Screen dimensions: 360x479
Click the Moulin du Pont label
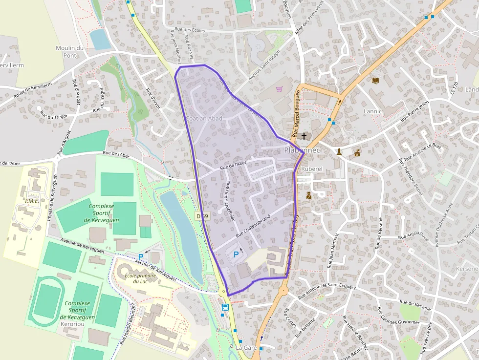70,51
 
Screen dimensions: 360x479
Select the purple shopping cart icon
279,89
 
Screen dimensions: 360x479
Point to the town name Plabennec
302,150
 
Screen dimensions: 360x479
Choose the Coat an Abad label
204,119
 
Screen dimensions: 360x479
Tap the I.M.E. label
32,201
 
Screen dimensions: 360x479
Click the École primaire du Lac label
140,278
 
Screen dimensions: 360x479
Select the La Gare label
246,347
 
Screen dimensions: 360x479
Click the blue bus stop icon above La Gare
225,307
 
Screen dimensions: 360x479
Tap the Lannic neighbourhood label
372,111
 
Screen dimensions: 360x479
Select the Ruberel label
312,169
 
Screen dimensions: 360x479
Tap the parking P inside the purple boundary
237,254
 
